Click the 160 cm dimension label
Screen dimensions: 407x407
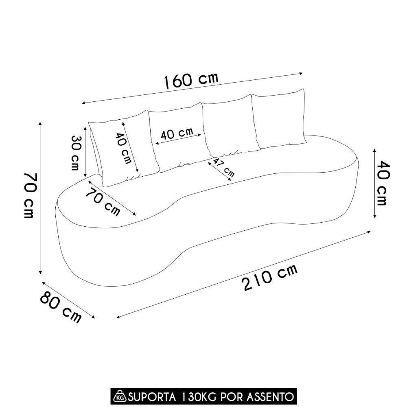point(191,80)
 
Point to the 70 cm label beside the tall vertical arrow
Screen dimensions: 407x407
point(29,195)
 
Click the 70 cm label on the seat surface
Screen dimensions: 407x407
point(103,202)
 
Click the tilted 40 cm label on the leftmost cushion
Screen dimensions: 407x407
point(123,149)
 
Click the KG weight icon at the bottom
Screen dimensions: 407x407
point(120,396)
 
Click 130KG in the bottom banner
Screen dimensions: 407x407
point(197,396)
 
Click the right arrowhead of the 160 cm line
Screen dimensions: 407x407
point(302,74)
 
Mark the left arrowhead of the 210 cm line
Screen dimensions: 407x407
point(118,317)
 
